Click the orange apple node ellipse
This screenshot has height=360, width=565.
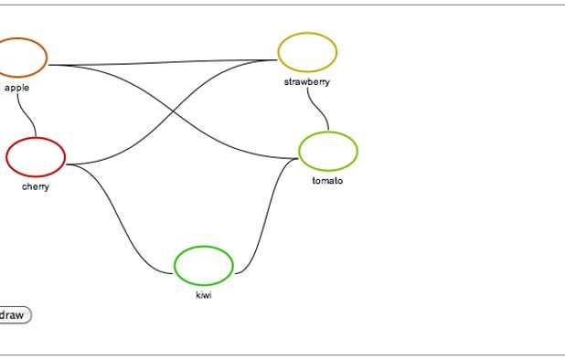18,57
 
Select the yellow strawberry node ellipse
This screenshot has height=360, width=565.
307,52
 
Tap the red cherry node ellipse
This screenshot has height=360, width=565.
36,156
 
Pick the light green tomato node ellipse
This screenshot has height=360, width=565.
328,151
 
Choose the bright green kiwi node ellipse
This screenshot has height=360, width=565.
204,265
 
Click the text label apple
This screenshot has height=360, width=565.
16,88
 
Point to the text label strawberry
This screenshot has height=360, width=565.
307,82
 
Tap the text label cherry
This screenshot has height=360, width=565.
36,187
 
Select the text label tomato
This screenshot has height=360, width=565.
327,181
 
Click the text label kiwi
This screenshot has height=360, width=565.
204,295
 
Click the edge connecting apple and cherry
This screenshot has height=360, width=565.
30,113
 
